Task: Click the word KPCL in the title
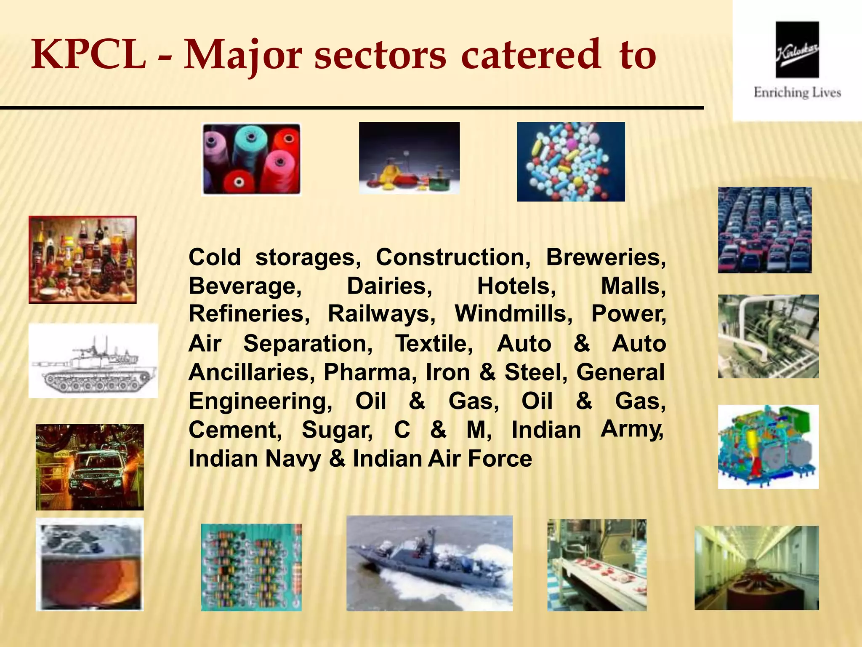tap(88, 55)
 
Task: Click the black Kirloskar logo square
tap(797, 50)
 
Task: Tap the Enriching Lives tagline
tap(797, 93)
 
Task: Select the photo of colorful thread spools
tap(251, 159)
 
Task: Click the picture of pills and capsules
tap(571, 162)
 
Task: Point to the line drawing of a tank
tap(93, 361)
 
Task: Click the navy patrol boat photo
tap(429, 563)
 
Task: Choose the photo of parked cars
tap(764, 230)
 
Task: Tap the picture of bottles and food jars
tap(82, 259)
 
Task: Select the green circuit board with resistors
tap(251, 567)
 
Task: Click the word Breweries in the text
tap(605, 257)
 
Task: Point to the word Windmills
tap(513, 314)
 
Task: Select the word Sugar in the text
tap(337, 430)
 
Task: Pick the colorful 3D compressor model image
tap(768, 446)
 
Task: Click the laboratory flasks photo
tap(409, 158)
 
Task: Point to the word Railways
tap(381, 314)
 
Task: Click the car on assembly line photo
tap(90, 467)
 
